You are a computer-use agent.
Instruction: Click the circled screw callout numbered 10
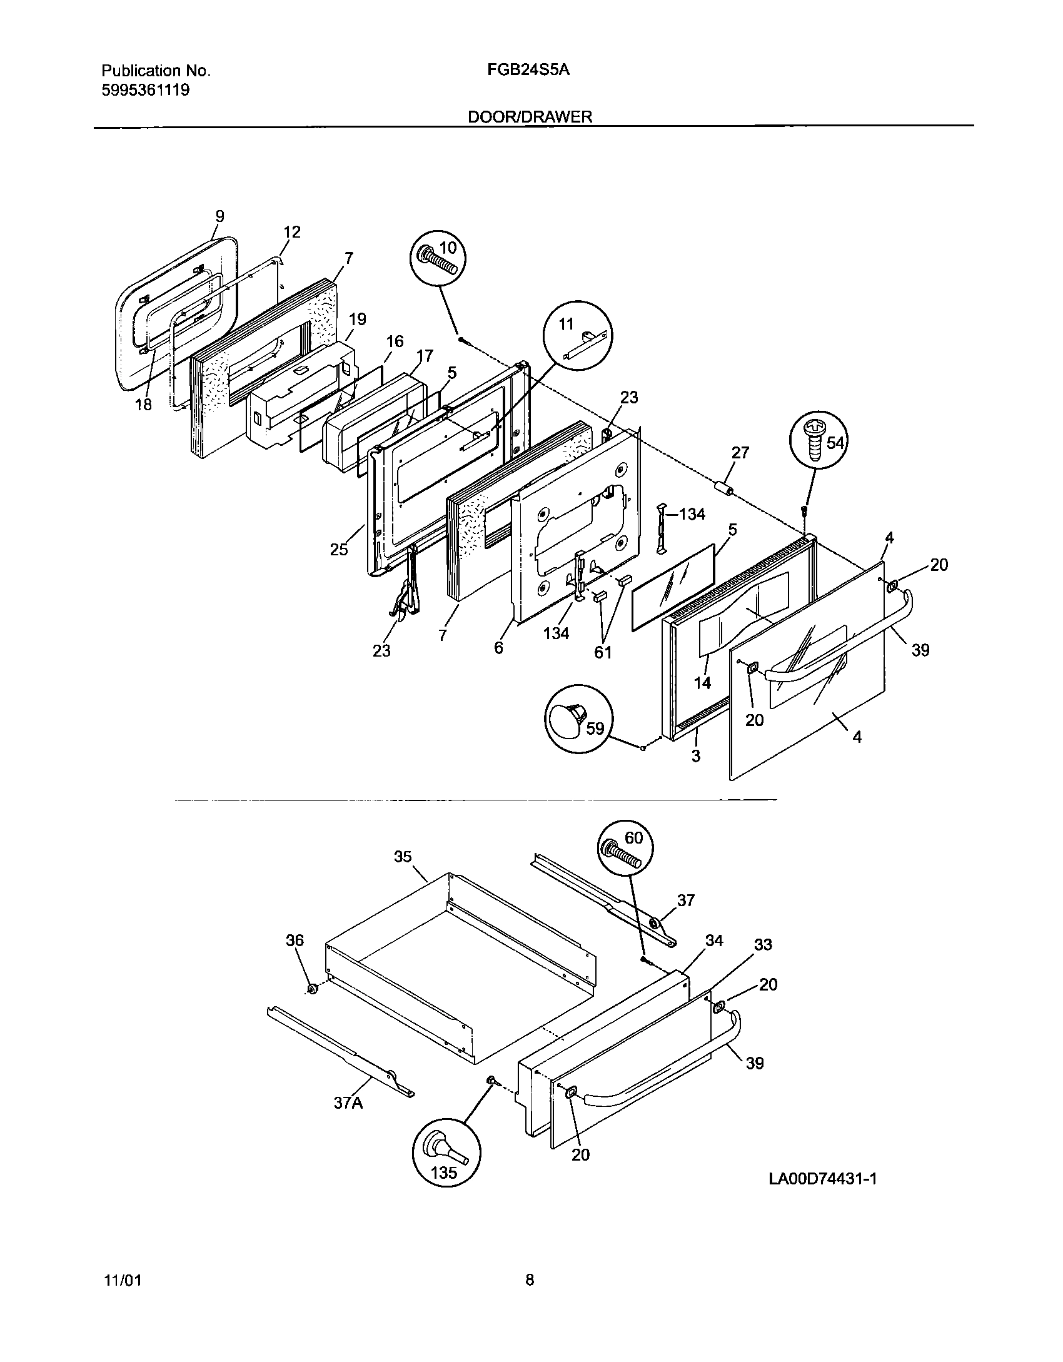[439, 260]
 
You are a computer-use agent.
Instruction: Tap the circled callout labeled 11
[578, 335]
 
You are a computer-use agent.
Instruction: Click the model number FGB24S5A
[528, 70]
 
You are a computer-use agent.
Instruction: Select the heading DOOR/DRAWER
[530, 117]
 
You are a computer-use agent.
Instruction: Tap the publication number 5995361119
[145, 90]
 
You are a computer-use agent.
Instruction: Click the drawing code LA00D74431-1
[822, 1179]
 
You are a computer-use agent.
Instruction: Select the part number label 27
[740, 453]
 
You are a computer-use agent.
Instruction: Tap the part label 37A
[348, 1103]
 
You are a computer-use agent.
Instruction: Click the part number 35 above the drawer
[403, 856]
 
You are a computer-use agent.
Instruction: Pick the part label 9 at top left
[219, 216]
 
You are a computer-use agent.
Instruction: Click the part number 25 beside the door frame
[339, 550]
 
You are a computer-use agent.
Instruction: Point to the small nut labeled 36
[312, 988]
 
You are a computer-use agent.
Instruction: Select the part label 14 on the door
[702, 683]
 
